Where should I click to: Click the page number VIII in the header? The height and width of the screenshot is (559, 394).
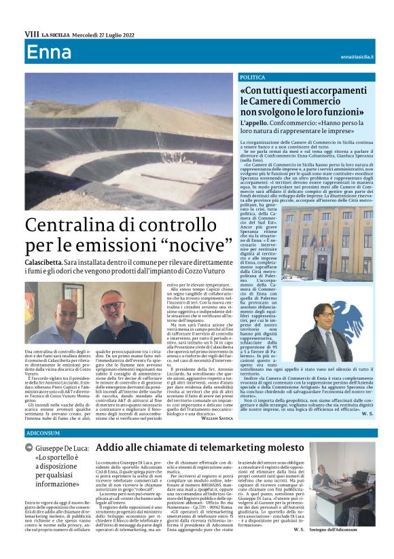(x=31, y=34)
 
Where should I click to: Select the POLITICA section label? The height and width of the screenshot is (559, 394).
(x=253, y=78)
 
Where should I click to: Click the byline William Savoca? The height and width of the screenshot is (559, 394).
(x=216, y=419)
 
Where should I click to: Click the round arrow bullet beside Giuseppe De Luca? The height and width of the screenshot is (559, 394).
(x=29, y=448)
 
